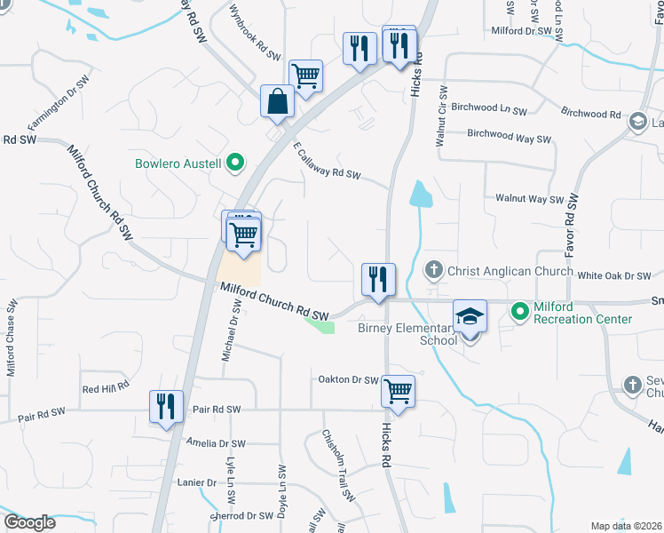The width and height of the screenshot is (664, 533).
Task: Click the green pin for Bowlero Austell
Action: tap(235, 163)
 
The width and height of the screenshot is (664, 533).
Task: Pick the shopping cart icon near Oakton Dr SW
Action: tap(398, 390)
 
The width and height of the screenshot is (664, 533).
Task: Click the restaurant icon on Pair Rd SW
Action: tap(166, 407)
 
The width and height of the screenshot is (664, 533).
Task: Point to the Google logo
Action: tap(29, 522)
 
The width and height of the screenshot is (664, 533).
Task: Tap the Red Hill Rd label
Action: tap(106, 387)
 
